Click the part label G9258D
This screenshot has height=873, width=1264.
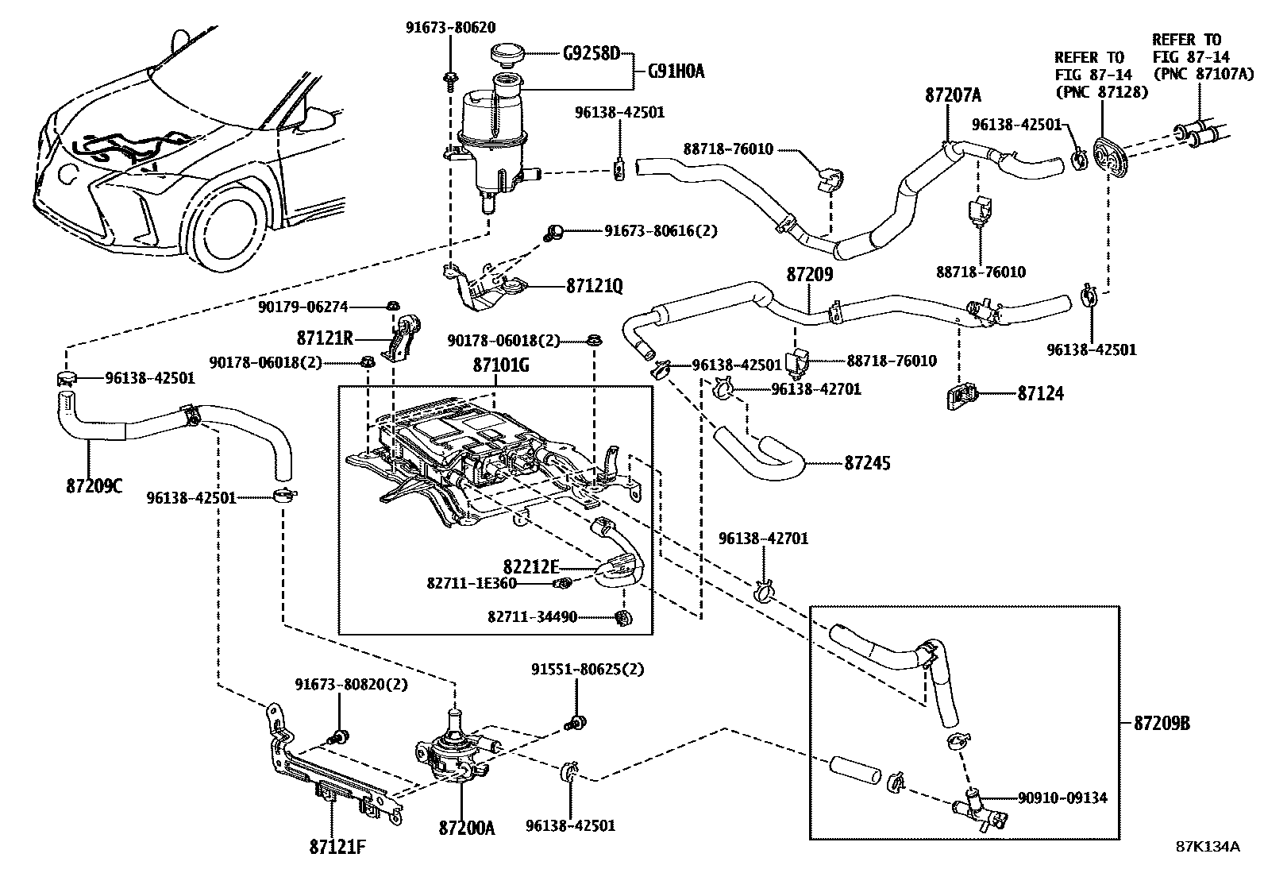pyautogui.click(x=591, y=55)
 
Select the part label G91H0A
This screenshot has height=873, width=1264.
pyautogui.click(x=676, y=72)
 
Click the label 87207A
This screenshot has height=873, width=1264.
pyautogui.click(x=953, y=96)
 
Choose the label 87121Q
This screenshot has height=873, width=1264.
pyautogui.click(x=594, y=285)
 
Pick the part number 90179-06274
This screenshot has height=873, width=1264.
pyautogui.click(x=303, y=307)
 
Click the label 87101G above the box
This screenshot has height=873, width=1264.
pyautogui.click(x=501, y=366)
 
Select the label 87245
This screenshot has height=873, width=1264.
pyautogui.click(x=867, y=462)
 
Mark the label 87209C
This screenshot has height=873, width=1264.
pyautogui.click(x=94, y=485)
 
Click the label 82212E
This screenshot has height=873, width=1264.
pyautogui.click(x=531, y=566)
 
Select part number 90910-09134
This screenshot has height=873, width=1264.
pyautogui.click(x=1062, y=798)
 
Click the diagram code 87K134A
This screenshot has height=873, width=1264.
pyautogui.click(x=1208, y=846)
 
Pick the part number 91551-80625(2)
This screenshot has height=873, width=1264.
pyautogui.click(x=588, y=669)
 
